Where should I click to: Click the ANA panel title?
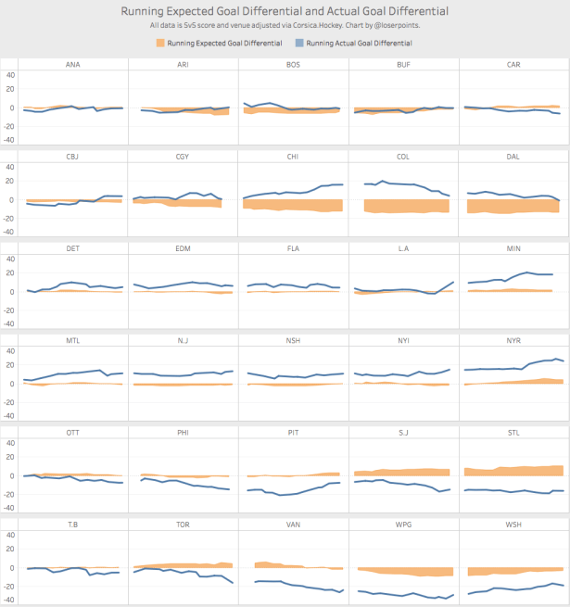tap(72, 64)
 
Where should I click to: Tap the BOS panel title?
tap(293, 64)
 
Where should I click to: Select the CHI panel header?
tap(293, 156)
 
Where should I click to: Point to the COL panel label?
tap(403, 156)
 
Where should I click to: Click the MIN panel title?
tap(513, 248)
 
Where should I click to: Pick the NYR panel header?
tap(513, 340)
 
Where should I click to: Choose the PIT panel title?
tap(293, 432)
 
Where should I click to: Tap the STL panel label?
tap(513, 432)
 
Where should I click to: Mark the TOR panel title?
tap(183, 525)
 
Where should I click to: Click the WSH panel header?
tap(513, 525)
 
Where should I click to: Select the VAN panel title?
tap(293, 525)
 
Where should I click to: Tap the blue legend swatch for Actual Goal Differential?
tap(299, 44)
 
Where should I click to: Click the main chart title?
tap(285, 11)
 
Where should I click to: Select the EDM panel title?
tap(183, 248)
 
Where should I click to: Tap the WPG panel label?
tap(403, 525)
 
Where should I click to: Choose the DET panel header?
tap(72, 248)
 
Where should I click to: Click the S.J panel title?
tap(403, 432)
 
